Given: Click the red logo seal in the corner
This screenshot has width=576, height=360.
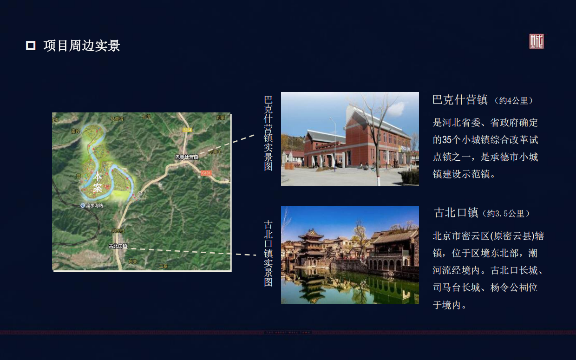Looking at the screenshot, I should click(x=537, y=42).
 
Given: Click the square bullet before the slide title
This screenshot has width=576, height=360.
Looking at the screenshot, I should click(x=31, y=46).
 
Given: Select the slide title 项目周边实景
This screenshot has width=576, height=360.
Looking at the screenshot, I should click(x=82, y=46).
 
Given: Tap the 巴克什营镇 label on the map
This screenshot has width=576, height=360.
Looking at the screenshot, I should click(x=187, y=157).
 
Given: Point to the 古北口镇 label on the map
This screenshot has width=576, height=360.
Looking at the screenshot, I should click(x=118, y=246).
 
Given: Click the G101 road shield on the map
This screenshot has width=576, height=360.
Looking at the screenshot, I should click(x=206, y=173).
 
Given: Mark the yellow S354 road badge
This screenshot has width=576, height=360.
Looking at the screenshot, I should click(x=187, y=130).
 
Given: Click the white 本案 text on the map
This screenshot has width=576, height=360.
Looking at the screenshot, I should click(x=98, y=182).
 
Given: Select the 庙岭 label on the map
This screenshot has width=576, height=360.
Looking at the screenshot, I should click(x=76, y=131).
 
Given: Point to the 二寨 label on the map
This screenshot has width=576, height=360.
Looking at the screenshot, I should click(x=163, y=266).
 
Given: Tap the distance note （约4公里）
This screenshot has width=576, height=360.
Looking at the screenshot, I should click(x=514, y=101).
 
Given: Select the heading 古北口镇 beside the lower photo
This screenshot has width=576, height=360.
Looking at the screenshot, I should click(x=456, y=213).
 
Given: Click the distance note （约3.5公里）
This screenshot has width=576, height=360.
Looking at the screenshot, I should click(x=506, y=214).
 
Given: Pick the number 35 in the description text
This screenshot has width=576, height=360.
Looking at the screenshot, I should click(x=447, y=140).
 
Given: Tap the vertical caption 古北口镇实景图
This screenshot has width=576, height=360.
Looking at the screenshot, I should click(x=268, y=253).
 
